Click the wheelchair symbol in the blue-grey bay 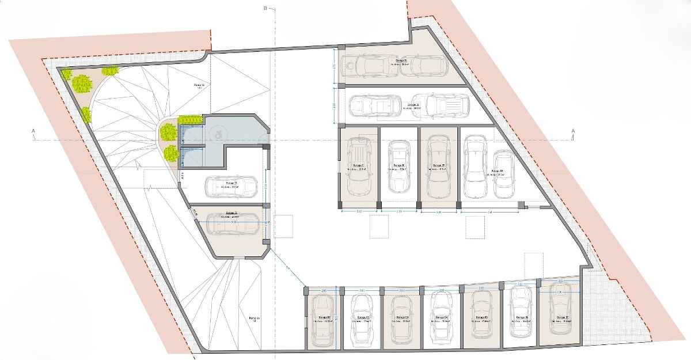[219, 134]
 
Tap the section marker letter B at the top [265, 8]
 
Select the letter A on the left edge [34, 132]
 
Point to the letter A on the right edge [573, 132]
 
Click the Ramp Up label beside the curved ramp [199, 86]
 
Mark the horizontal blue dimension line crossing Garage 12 [233, 221]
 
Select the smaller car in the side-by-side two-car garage [502, 171]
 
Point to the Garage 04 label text [441, 317]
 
